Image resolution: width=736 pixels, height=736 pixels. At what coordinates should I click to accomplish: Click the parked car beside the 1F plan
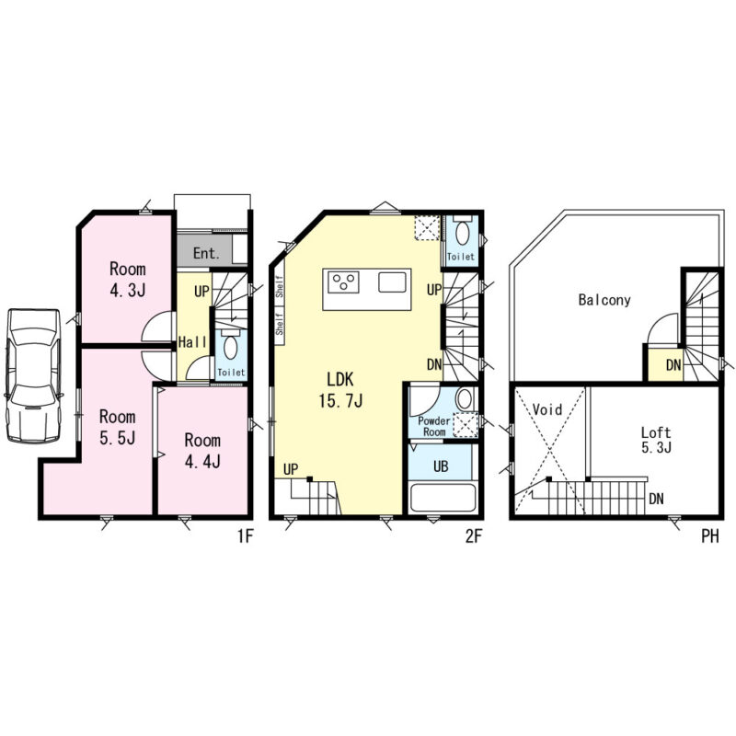(x=33, y=375)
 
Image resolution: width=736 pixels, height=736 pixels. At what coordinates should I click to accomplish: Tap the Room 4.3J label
(x=128, y=280)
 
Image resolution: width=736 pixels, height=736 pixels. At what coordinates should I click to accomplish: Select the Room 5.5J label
(x=118, y=427)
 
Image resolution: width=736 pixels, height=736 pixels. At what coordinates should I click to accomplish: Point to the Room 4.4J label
(x=202, y=451)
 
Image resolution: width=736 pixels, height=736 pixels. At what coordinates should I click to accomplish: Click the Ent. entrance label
(x=206, y=254)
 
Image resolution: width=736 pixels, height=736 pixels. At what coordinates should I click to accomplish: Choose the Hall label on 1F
(x=192, y=341)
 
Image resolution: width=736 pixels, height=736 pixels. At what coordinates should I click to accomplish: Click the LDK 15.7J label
(x=340, y=390)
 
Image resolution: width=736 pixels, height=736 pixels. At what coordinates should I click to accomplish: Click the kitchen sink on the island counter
(x=392, y=282)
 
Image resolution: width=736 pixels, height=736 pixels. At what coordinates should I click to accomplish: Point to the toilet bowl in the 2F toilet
(x=463, y=233)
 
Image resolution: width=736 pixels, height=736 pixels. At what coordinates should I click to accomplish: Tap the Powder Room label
(x=434, y=426)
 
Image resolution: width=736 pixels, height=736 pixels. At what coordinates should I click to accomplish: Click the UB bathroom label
(x=441, y=466)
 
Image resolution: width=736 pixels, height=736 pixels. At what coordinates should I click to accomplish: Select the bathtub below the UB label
(x=443, y=498)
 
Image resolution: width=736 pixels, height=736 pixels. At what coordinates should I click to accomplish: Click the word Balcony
(x=604, y=300)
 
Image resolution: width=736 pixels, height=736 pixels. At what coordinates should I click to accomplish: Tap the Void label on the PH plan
(x=547, y=409)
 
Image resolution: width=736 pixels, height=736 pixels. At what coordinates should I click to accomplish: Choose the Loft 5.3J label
(x=656, y=440)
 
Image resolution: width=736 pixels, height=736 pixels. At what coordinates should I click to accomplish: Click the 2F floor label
(x=474, y=536)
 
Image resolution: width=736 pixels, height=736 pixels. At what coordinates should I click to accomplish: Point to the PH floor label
(x=709, y=536)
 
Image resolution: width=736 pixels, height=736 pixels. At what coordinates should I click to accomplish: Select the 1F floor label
(x=246, y=536)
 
